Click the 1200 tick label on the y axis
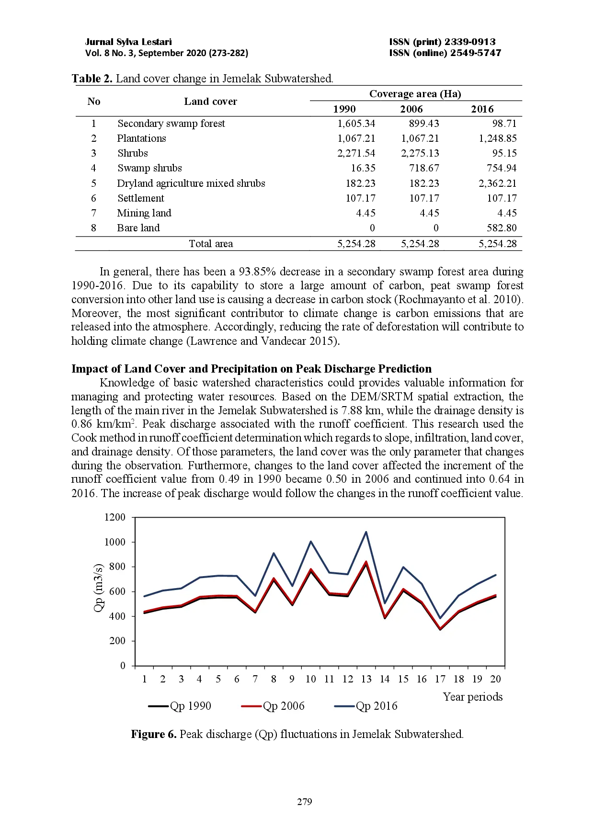[114, 517]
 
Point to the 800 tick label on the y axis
[117, 567]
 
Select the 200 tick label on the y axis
[117, 641]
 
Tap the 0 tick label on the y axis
[123, 666]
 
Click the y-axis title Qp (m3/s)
[98, 588]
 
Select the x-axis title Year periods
[472, 697]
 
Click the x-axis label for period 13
[366, 679]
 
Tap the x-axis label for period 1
[144, 679]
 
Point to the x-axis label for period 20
[495, 679]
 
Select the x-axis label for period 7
[255, 679]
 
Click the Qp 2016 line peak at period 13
[366, 532]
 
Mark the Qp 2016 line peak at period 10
[311, 542]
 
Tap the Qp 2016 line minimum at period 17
[440, 618]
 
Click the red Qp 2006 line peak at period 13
[366, 562]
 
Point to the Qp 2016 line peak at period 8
[274, 553]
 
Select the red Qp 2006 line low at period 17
[440, 629]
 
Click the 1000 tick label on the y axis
[114, 542]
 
